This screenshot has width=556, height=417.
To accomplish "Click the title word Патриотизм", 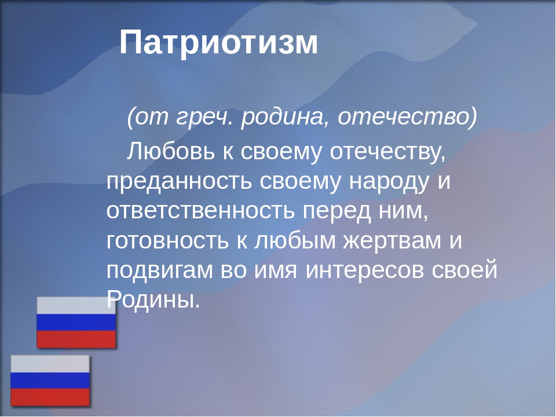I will point(219,43).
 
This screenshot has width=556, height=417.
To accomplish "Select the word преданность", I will point(179,182).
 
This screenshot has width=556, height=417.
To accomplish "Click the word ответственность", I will point(200,211).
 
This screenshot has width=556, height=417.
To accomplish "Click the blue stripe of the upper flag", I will point(76,323).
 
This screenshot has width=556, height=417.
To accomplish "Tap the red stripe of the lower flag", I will point(50,397).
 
